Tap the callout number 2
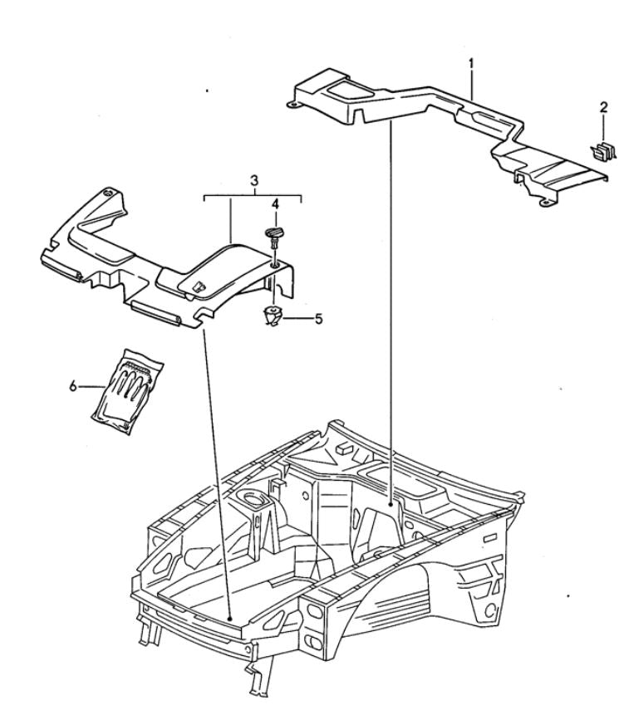(x=603, y=108)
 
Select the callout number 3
(x=253, y=180)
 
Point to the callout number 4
(x=275, y=204)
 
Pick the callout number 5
(x=319, y=319)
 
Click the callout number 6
(x=73, y=386)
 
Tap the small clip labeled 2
(x=603, y=152)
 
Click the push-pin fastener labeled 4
(x=273, y=237)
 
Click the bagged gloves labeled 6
(x=127, y=391)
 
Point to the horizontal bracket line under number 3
(x=253, y=196)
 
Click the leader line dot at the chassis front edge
(x=230, y=619)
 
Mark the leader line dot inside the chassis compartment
(x=391, y=503)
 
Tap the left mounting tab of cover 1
(x=292, y=105)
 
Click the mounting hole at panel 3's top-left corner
(x=108, y=193)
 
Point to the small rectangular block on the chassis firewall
(x=345, y=448)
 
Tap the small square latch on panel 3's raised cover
(x=198, y=286)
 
